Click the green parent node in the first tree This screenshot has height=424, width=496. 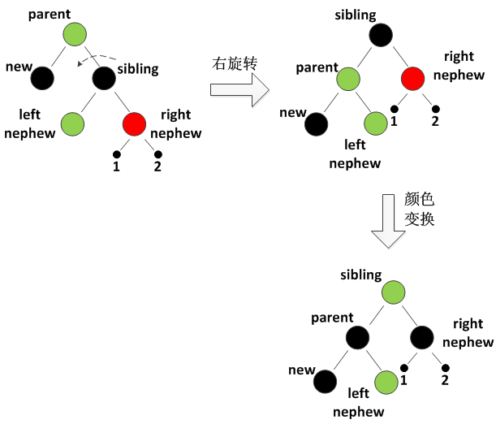[x=75, y=34]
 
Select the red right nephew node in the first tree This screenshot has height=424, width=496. [x=134, y=124]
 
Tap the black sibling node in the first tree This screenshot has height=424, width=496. [x=105, y=78]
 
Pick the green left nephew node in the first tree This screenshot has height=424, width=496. [x=75, y=124]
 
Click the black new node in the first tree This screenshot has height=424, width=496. [x=43, y=78]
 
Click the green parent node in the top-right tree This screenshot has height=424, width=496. [x=348, y=79]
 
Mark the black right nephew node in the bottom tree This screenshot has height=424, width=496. [x=423, y=336]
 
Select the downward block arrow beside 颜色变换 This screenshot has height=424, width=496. [x=388, y=231]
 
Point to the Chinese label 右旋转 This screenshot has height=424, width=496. [x=233, y=62]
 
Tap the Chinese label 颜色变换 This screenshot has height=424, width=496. [x=419, y=210]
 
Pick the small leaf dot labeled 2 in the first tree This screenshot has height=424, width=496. [x=157, y=154]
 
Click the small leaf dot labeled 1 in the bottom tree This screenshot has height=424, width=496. [x=403, y=366]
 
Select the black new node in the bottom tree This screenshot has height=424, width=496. [x=326, y=380]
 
